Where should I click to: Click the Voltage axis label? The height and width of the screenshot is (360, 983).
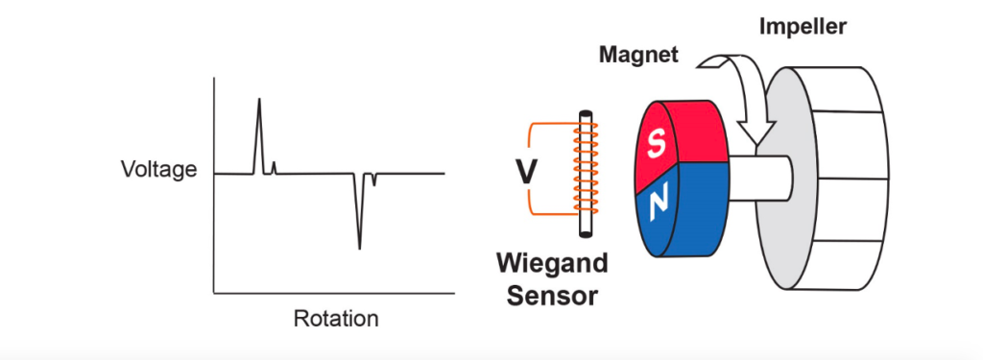click(158, 171)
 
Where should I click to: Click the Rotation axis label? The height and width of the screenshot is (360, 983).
click(335, 318)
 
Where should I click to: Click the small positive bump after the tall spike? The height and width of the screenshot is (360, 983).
click(275, 167)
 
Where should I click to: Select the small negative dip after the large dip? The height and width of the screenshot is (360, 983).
click(373, 180)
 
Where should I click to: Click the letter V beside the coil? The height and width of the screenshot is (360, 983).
click(527, 172)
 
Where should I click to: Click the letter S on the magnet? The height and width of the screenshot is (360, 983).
click(657, 145)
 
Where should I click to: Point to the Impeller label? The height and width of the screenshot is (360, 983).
click(802, 27)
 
